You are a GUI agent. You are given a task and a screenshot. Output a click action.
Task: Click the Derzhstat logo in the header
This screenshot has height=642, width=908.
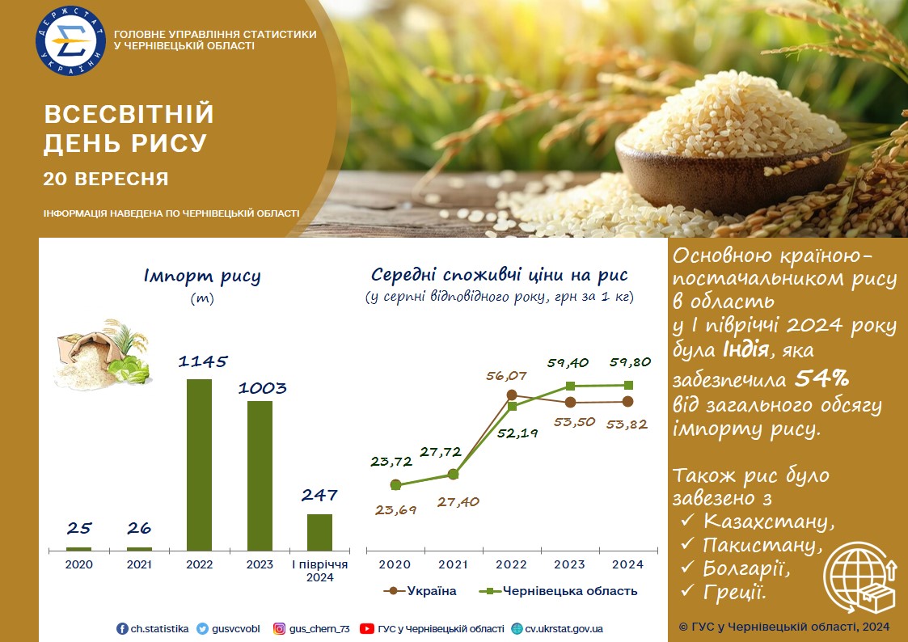click(70, 40)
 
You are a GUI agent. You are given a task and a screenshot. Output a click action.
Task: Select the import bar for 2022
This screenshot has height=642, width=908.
click(199, 465)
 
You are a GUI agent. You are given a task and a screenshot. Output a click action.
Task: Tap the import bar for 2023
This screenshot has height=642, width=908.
click(260, 476)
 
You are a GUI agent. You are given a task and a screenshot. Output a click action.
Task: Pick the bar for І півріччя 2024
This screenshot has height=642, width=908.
click(319, 532)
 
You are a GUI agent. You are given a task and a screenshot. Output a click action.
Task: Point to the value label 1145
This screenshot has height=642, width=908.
click(203, 361)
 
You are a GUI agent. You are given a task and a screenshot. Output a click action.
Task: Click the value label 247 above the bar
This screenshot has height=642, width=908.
click(319, 495)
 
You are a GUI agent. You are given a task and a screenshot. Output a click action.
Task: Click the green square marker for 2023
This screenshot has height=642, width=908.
click(570, 386)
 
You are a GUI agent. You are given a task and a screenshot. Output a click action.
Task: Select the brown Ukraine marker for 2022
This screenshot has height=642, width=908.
click(512, 395)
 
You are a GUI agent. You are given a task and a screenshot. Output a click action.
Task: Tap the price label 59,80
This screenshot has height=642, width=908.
click(630, 362)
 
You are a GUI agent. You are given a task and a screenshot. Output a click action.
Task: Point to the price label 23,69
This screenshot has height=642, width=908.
click(395, 510)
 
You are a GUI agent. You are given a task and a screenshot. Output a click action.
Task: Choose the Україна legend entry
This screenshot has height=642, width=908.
click(420, 591)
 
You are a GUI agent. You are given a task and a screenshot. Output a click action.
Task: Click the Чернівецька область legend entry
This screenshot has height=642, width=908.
click(559, 591)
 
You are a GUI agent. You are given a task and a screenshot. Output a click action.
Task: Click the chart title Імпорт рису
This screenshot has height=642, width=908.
click(202, 277)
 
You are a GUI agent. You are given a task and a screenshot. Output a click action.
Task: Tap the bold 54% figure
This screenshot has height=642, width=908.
click(821, 378)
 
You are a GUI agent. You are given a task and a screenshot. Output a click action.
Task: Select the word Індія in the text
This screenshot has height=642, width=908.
click(745, 349)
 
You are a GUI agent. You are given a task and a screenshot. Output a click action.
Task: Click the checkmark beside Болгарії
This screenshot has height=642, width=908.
click(687, 567)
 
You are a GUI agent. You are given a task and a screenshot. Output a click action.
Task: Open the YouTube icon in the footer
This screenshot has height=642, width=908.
click(366, 629)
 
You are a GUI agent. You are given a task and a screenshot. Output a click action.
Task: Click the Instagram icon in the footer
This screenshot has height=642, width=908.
click(279, 629)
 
